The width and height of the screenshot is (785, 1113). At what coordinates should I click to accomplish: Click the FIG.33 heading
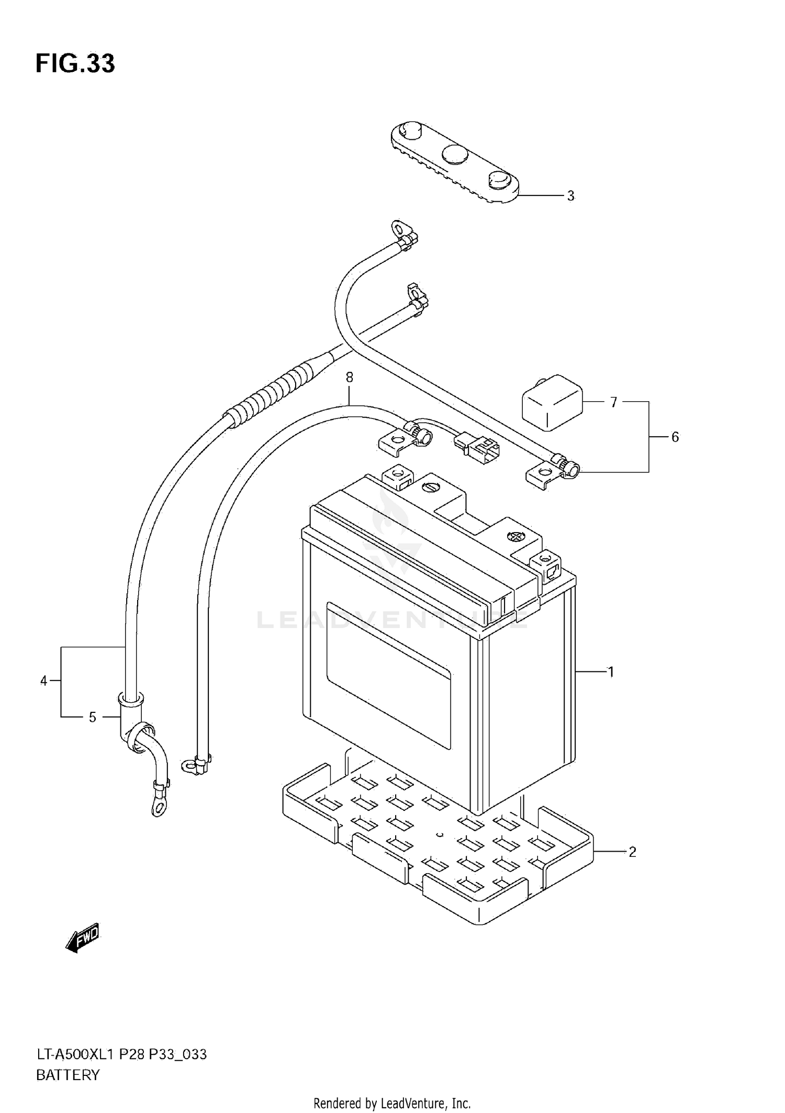pos(75,64)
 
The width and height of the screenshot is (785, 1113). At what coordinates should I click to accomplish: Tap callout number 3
pos(570,196)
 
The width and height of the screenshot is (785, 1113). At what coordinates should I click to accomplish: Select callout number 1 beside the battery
pos(610,671)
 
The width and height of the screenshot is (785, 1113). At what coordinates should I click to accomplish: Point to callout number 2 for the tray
pos(632,852)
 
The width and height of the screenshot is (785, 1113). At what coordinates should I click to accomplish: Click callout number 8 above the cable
pos(350,377)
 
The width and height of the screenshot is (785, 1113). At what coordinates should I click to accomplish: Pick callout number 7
pos(613,402)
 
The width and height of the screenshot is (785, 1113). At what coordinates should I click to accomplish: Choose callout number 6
pos(675,437)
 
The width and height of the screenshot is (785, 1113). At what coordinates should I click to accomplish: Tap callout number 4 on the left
pos(44,681)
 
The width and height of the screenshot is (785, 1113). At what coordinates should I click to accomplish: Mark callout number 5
pos(93,717)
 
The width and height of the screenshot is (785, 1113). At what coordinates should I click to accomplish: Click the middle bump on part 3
pos(455,154)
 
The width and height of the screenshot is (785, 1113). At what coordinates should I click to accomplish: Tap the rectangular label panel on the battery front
pos(388,675)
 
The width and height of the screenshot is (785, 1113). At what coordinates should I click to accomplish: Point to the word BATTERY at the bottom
pos(68,1075)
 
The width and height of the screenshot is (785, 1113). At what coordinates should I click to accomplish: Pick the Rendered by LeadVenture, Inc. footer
pos(392,1104)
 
